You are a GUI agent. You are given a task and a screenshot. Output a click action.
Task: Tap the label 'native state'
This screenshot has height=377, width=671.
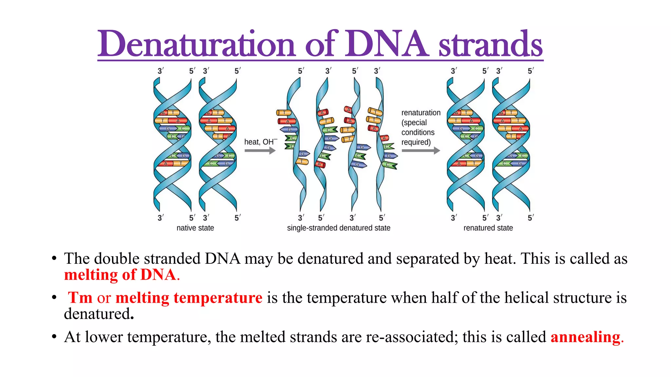point(195,228)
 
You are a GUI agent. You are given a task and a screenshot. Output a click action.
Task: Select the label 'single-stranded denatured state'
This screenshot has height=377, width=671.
point(338,228)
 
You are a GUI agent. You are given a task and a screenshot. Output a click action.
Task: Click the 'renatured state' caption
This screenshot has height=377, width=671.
point(488,228)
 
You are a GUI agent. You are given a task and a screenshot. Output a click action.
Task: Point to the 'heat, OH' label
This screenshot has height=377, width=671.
point(260,142)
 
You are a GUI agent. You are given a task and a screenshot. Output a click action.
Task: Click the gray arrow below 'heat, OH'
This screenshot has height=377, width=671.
point(260,151)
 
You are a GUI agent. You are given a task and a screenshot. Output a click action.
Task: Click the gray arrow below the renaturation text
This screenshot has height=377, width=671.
point(421,151)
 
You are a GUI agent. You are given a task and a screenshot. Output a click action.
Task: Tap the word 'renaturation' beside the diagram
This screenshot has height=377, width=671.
point(421,113)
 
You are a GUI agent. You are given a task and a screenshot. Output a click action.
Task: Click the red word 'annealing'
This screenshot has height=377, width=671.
point(585,337)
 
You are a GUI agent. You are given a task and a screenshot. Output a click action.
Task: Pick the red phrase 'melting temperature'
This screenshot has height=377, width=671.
point(189,298)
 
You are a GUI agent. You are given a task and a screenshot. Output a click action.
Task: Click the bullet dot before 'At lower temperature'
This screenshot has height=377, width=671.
point(54,337)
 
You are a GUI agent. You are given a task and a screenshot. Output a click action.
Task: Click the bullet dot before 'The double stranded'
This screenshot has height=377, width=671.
point(54,259)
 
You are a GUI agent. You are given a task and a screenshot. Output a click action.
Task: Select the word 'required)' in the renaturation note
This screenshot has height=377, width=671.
point(416,142)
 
